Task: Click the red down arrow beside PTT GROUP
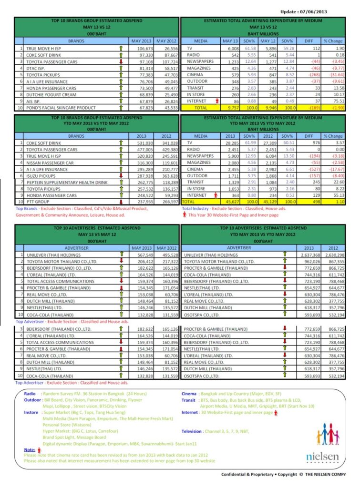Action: coord(122,202)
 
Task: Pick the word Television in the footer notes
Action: coord(195,430)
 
